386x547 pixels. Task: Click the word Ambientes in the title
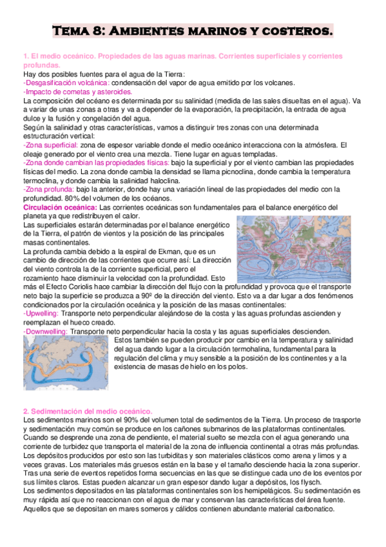click(150, 30)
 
